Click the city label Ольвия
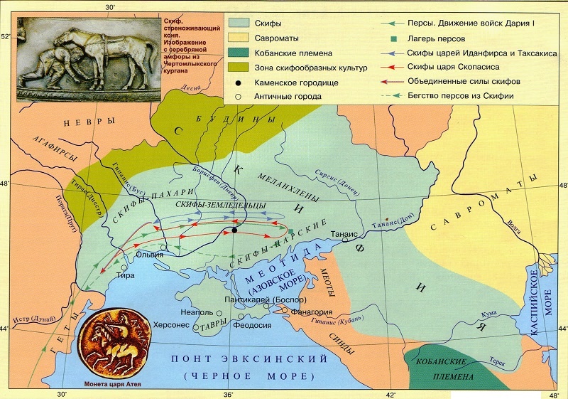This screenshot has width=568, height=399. pos(151,255)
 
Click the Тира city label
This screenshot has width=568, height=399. pos(125,275)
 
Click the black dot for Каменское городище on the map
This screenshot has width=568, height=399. pos(234,230)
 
